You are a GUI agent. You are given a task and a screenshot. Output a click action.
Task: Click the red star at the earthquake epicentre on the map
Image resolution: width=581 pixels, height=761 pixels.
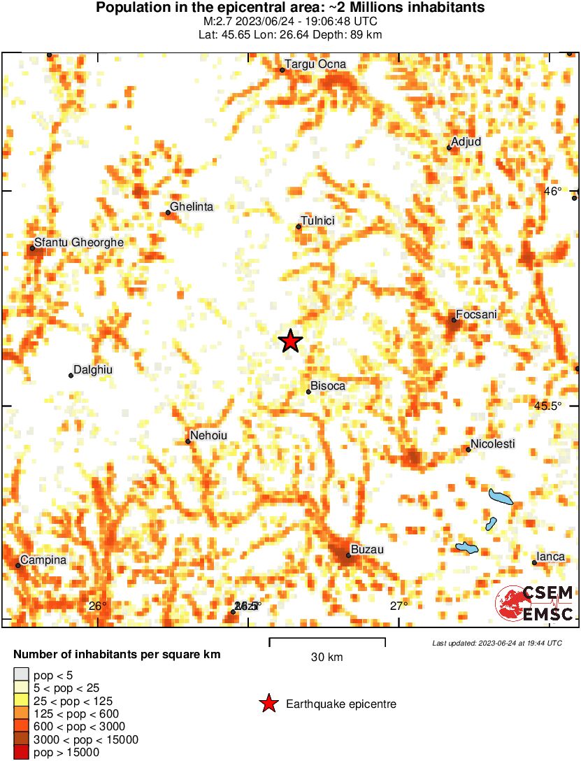coord(290,341)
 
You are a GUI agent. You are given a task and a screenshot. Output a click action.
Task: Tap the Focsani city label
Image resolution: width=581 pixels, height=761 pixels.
coord(476,315)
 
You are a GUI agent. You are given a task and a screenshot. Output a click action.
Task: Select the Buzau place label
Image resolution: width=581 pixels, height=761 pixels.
coord(367,550)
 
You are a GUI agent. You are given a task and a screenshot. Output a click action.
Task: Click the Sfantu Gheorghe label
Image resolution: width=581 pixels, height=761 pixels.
coord(79,242)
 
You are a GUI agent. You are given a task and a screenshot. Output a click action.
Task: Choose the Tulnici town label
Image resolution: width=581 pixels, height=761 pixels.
coord(317,221)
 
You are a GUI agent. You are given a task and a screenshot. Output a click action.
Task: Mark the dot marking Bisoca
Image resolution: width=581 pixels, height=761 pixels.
coord(308,392)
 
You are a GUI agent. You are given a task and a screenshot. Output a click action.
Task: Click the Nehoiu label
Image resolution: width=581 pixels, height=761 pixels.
coord(208,436)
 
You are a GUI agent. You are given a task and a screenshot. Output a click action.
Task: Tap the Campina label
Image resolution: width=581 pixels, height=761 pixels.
coord(43,560)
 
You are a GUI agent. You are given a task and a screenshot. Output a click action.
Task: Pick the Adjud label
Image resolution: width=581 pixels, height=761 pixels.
coord(466,142)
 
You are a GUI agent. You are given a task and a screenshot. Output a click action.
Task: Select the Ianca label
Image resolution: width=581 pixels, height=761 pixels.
coord(551,557)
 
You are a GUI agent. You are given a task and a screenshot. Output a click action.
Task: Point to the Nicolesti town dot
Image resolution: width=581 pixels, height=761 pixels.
coord(468,450)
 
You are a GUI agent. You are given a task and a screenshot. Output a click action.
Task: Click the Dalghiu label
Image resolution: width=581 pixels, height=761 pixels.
coord(93,370)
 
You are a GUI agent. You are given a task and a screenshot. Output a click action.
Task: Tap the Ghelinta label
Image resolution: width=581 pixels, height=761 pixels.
coord(192,207)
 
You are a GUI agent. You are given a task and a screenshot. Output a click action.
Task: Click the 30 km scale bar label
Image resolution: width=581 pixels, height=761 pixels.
coord(327,657)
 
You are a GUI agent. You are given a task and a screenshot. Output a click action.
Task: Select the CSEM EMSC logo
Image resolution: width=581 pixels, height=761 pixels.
coord(535,604)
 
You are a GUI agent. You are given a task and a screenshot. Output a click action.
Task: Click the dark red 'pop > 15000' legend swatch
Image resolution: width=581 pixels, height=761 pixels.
coord(22,753)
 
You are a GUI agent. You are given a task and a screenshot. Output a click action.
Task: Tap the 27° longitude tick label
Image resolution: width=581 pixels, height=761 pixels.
coord(399,606)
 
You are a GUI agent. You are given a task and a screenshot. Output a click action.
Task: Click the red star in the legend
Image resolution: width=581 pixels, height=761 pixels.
coord(268,704)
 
